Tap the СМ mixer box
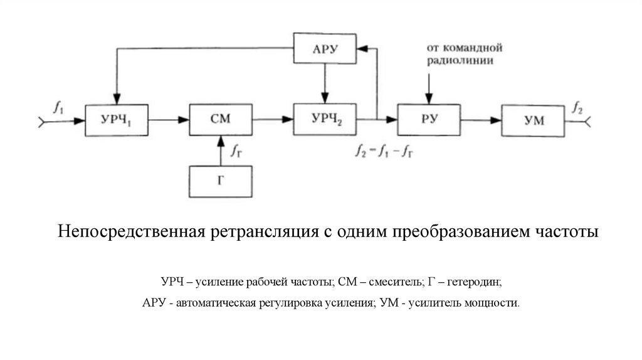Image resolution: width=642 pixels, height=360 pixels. click(220, 119)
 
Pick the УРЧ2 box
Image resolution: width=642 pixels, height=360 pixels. click(325, 119)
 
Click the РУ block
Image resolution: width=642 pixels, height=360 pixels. click(429, 119)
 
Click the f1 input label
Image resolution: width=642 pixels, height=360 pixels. click(58, 107)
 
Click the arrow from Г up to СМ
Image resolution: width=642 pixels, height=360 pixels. click(220, 151)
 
